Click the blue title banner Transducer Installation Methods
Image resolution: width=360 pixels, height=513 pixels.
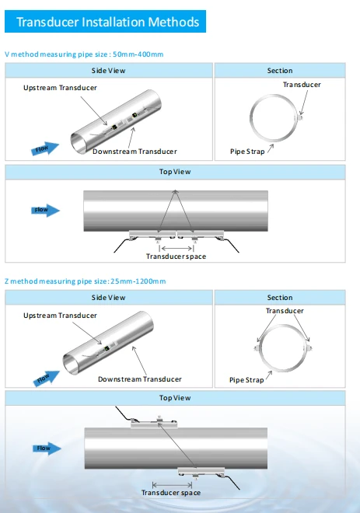[x=105, y=22]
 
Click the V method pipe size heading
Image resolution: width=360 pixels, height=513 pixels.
[x=84, y=54]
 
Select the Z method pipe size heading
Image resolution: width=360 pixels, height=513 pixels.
[x=85, y=281]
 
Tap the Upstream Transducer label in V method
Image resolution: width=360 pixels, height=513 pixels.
[x=60, y=88]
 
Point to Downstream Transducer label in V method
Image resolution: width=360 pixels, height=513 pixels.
[x=135, y=152]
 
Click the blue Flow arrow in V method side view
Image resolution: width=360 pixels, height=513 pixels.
[x=45, y=148]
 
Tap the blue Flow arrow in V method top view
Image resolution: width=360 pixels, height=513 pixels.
[x=46, y=210]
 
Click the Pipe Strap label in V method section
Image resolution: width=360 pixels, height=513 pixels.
[x=247, y=152]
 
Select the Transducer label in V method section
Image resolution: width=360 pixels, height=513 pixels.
[x=302, y=85]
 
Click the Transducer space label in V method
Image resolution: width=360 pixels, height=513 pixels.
[x=176, y=256]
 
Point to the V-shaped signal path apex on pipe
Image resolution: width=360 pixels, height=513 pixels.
[x=176, y=190]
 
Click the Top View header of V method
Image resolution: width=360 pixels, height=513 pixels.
[x=175, y=172]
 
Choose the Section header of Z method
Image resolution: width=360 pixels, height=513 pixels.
[x=280, y=298]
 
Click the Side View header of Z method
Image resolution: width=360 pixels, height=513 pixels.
[x=109, y=298]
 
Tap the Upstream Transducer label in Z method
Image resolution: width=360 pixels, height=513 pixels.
[x=60, y=316]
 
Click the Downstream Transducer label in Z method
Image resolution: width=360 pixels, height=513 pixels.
[x=140, y=379]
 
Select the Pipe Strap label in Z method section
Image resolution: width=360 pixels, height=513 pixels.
[x=246, y=380]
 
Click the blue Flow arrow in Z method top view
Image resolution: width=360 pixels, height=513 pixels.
[x=47, y=448]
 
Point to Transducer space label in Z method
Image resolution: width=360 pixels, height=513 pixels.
[x=171, y=493]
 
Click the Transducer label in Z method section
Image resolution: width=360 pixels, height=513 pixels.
[x=285, y=311]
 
